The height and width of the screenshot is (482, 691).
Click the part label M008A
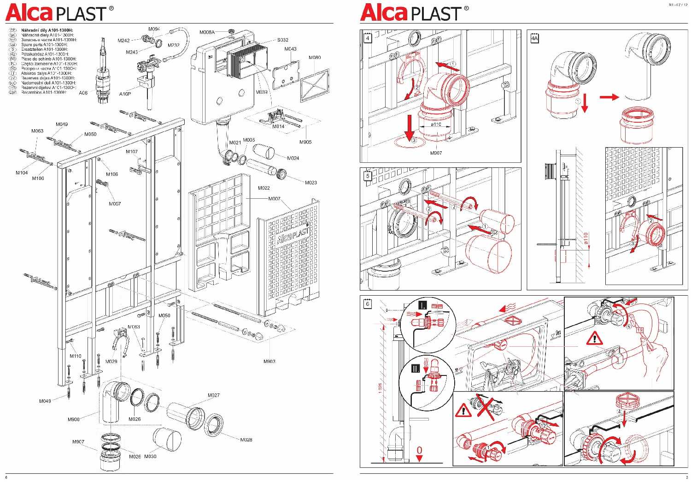207,32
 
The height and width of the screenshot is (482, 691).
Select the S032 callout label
282,40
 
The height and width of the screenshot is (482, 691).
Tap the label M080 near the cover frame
315,58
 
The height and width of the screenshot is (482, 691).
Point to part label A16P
125,94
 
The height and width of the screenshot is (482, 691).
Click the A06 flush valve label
83,93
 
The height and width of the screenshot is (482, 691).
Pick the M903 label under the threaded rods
269,361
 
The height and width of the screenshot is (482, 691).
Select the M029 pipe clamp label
111,362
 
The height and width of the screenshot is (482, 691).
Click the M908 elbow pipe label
74,419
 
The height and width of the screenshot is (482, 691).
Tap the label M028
246,440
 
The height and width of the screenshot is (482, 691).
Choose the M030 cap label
150,457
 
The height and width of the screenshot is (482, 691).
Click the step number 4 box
368,38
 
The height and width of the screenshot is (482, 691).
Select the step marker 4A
534,39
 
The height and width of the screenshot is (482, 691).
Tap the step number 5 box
368,176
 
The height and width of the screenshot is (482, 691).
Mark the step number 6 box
368,304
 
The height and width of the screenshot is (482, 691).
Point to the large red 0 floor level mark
419,450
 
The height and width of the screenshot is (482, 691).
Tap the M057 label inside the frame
115,203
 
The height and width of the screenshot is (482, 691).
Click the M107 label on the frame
132,152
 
